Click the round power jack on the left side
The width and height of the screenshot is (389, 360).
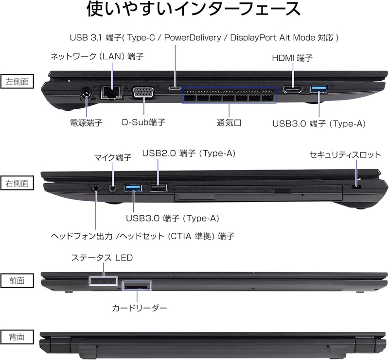pos(87,94)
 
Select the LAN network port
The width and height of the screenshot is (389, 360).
pos(111,92)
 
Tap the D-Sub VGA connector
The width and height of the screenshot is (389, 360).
pos(144,93)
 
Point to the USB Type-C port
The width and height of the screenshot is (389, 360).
pos(175,88)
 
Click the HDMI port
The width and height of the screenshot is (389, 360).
pos(293,89)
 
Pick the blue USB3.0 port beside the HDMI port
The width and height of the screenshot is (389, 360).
pos(319,89)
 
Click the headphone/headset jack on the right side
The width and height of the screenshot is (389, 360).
pos(95,188)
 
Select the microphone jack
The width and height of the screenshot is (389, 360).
pos(113,188)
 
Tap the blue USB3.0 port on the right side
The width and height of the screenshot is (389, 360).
pos(133,188)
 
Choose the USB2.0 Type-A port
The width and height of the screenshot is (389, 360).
pos(159,188)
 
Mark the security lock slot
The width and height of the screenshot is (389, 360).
pos(357,186)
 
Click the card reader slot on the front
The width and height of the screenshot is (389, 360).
pos(137,287)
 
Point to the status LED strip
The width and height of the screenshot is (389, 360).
pos(103,281)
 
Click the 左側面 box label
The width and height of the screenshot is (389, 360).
pos(17,82)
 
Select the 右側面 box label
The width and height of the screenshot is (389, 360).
pos(17,183)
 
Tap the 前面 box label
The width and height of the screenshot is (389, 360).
pos(17,280)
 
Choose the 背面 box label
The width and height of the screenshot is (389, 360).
pos(17,337)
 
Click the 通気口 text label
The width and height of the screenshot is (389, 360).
pos(229,123)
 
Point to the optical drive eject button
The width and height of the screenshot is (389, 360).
pos(283,191)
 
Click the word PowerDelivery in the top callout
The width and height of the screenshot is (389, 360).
pos(193,38)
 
